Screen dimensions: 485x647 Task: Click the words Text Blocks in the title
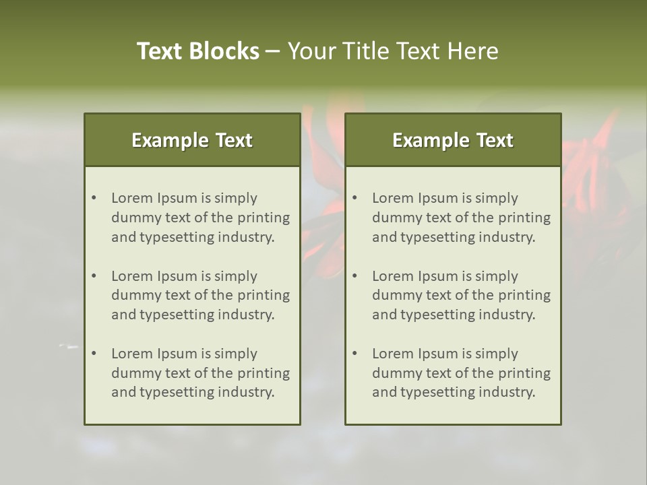tap(198, 51)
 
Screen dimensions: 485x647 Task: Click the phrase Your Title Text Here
tap(393, 51)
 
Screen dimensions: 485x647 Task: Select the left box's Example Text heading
tap(192, 140)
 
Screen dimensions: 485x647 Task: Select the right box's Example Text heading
tap(453, 140)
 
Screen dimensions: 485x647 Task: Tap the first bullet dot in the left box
tap(94, 198)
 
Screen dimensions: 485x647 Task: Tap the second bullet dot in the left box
tap(94, 276)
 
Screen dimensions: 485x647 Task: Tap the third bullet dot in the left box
tap(94, 354)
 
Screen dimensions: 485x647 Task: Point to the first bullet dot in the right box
tap(355, 198)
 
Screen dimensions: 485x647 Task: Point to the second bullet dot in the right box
tap(355, 276)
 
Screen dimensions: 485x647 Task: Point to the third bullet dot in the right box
tap(355, 354)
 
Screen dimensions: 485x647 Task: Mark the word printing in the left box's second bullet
tap(265, 295)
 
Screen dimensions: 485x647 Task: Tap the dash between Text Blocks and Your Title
tap(273, 51)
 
